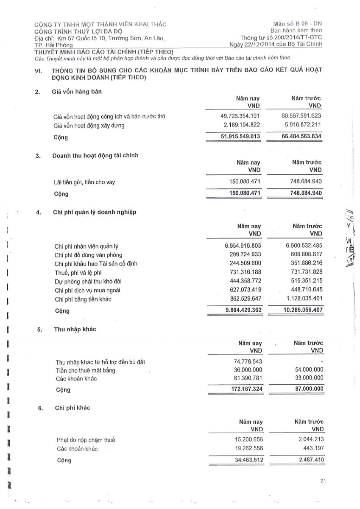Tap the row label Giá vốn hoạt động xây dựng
click(x=89, y=126)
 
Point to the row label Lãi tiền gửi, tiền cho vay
click(x=84, y=182)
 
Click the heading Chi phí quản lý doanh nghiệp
click(x=95, y=212)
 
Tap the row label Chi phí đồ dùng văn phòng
click(x=88, y=255)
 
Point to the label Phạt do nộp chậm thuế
click(x=85, y=440)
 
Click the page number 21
click(x=324, y=481)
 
